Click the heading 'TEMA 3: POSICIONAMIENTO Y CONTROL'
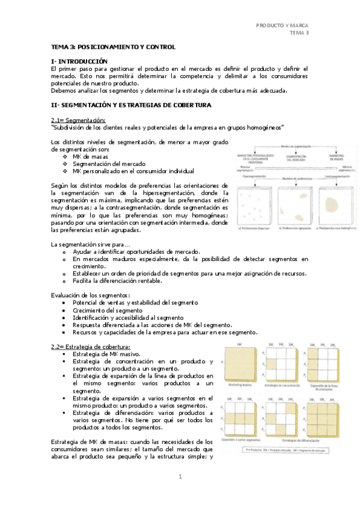coord(113,46)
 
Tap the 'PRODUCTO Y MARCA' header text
coord(282,25)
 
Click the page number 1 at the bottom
coord(179,477)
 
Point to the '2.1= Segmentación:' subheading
coord(78,120)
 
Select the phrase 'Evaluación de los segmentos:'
coord(91,295)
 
